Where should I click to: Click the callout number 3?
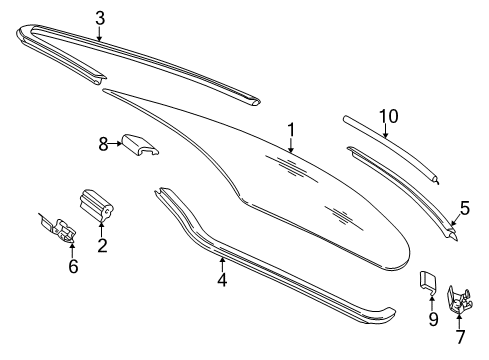[x=100, y=18]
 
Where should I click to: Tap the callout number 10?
[x=389, y=116]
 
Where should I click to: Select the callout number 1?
[x=291, y=130]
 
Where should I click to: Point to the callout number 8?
[x=103, y=144]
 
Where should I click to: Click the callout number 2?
[x=102, y=245]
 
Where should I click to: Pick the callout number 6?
[x=73, y=266]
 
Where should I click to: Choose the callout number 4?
[x=222, y=279]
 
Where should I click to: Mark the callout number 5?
[x=464, y=208]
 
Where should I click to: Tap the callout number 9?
[x=433, y=319]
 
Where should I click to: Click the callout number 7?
[x=460, y=337]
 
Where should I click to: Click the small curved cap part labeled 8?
[x=140, y=145]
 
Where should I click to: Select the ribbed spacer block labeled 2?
[x=96, y=205]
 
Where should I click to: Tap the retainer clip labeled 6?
[x=60, y=229]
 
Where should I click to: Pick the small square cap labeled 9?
[x=428, y=283]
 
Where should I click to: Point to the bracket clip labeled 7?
[x=459, y=300]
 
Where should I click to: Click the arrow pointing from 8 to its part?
[x=115, y=144]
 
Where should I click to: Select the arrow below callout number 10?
[x=385, y=130]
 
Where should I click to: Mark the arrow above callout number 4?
[x=222, y=265]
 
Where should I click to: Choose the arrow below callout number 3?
[x=99, y=33]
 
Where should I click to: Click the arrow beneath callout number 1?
[x=291, y=145]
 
